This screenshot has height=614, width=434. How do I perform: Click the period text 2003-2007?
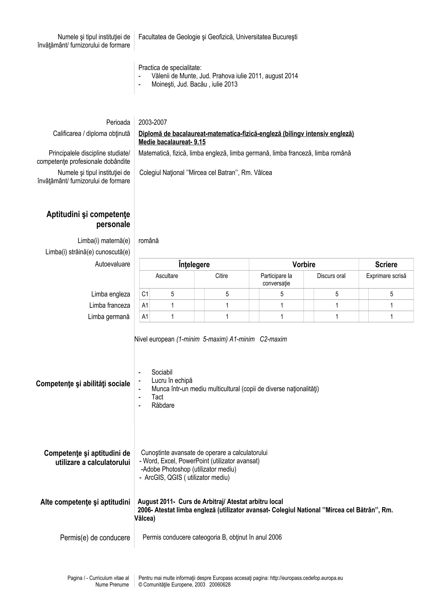(152, 122)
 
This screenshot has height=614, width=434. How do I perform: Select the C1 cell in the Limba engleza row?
(145, 294)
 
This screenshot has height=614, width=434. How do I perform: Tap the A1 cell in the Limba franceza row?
(145, 305)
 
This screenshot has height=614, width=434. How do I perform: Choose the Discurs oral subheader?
(331, 276)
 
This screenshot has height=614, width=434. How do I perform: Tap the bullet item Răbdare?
(163, 405)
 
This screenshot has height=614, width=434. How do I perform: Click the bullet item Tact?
(157, 397)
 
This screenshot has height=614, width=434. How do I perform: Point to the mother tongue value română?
(148, 241)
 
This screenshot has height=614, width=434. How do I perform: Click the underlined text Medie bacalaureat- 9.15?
(172, 142)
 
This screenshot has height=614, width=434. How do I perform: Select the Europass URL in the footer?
(306, 578)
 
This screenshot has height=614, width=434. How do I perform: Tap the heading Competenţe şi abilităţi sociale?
(83, 384)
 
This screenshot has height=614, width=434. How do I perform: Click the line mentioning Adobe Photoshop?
(189, 469)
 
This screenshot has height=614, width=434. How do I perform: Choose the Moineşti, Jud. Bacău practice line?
(194, 84)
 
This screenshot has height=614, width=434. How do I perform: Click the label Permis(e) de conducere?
(95, 538)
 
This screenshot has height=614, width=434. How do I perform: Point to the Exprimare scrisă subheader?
(386, 276)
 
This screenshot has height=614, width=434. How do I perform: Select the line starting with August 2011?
(210, 502)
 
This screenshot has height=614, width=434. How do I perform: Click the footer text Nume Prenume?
(112, 585)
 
